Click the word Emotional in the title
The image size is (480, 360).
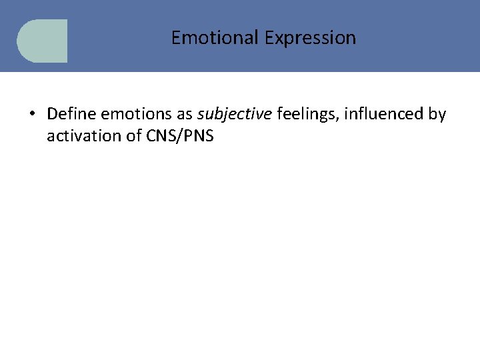tap(215, 38)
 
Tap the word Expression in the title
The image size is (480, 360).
tap(310, 38)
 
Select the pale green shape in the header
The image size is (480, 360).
tap(43, 41)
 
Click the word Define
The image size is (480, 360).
tap(71, 114)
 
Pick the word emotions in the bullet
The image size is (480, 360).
tap(137, 114)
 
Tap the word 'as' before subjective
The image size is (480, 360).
tap(185, 114)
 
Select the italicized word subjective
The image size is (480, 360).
tap(234, 114)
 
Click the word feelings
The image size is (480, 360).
tap(304, 114)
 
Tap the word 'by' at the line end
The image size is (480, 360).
tap(437, 114)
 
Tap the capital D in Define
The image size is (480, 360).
tap(52, 114)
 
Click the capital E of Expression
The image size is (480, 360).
tap(268, 38)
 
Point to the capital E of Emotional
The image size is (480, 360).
tap(175, 38)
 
